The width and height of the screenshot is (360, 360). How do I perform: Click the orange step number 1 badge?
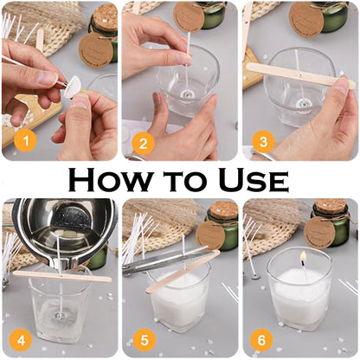[25, 138]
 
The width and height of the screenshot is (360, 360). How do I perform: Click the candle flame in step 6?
[303, 260]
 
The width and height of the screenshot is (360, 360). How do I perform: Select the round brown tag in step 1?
[95, 50]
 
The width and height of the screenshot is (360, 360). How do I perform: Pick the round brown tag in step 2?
[189, 16]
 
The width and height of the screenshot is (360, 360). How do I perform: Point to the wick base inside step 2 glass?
[185, 92]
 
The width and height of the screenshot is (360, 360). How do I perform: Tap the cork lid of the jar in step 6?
[331, 208]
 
